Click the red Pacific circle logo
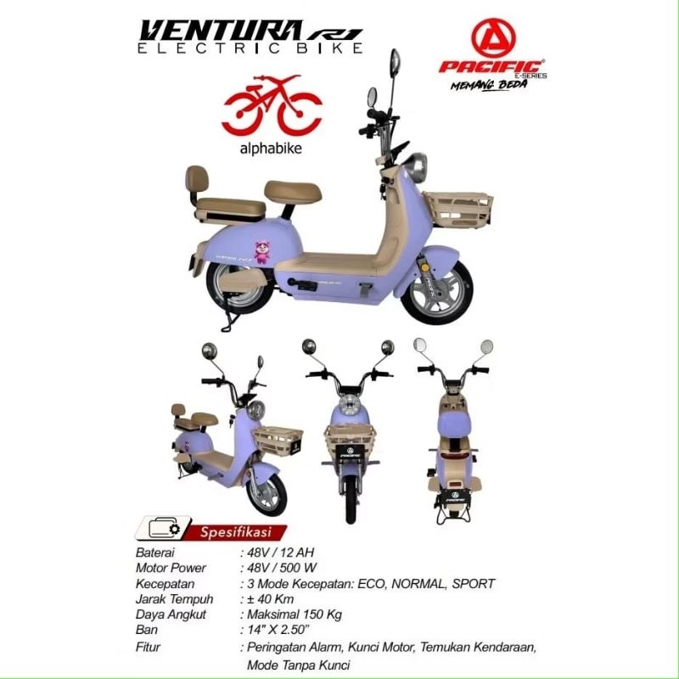(x=493, y=38)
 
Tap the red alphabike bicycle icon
(x=272, y=104)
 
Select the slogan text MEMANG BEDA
(x=489, y=84)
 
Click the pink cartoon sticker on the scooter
(x=261, y=252)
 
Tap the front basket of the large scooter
(x=458, y=210)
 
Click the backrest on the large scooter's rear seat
(x=197, y=179)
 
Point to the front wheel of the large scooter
(x=437, y=292)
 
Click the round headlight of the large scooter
(x=417, y=167)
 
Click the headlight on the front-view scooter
(x=350, y=407)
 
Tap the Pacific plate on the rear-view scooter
(x=455, y=497)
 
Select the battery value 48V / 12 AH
(x=281, y=553)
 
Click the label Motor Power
(x=171, y=568)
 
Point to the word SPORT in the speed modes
(x=474, y=584)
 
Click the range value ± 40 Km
(x=270, y=599)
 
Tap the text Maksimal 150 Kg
(x=295, y=614)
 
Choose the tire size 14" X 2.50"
(x=279, y=630)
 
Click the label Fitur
(x=148, y=647)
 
